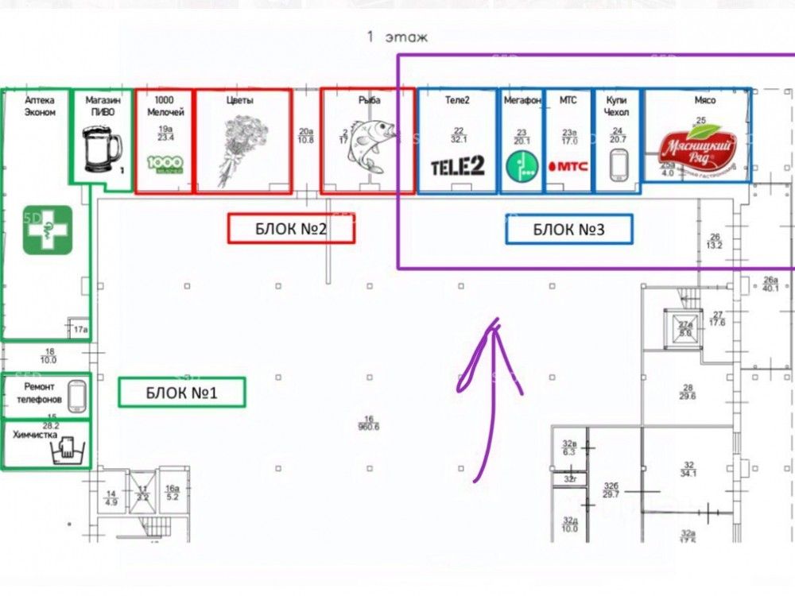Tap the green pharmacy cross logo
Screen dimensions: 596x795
tap(48, 230)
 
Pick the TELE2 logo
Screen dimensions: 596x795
tap(457, 166)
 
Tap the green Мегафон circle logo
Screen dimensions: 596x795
tap(522, 166)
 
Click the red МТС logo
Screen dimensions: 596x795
tap(568, 167)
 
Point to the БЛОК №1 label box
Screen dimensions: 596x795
tap(182, 392)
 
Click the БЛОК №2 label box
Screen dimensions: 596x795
tap(291, 229)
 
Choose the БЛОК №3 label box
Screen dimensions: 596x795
tap(569, 230)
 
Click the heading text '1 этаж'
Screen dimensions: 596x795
tap(397, 37)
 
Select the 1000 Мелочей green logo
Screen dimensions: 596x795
tap(165, 164)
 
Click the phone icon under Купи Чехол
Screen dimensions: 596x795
tap(619, 165)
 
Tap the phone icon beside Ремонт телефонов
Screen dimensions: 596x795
tap(77, 396)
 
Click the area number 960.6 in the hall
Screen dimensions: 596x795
tap(368, 427)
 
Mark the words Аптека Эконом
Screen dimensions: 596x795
tap(40, 106)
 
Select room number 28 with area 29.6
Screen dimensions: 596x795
tap(688, 391)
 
